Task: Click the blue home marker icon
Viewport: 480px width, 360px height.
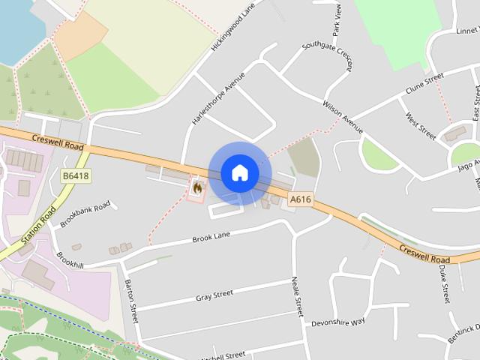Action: point(240,173)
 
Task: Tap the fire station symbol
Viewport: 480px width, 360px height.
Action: point(197,187)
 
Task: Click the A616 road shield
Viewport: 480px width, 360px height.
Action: point(300,199)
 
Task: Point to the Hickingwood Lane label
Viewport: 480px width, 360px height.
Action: point(233,26)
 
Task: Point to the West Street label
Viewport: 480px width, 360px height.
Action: point(420,126)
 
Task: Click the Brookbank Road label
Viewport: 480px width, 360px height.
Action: point(85,214)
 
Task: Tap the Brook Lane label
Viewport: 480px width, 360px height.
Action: point(210,237)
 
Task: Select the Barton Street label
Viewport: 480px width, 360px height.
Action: point(131,301)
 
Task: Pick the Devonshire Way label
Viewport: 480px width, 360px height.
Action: point(337,321)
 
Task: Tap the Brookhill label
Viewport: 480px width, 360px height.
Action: point(70,263)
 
